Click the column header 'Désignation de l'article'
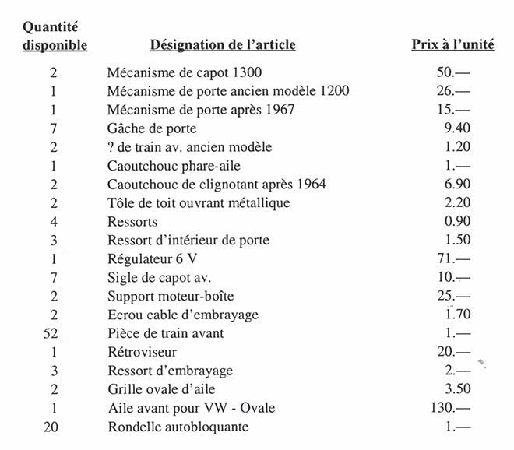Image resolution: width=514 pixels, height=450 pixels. [x=222, y=44]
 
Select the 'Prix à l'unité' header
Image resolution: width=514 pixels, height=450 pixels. [x=452, y=44]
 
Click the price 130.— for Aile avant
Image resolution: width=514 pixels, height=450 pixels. [x=452, y=408]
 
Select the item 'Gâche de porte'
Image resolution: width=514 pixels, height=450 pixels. [x=152, y=128]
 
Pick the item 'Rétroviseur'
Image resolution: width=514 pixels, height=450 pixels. [x=143, y=352]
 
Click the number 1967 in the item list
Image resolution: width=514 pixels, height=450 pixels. [x=279, y=110]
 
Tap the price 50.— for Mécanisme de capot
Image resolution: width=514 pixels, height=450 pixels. [x=455, y=72]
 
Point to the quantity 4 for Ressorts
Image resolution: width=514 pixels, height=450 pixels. [x=54, y=222]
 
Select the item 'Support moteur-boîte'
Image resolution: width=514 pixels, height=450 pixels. [x=171, y=296]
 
